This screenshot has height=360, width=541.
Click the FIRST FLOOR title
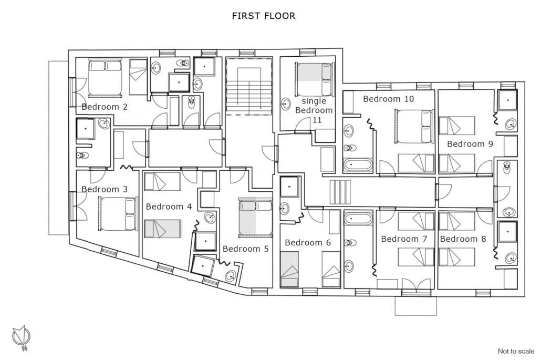[x=264, y=16]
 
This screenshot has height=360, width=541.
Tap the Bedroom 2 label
[x=105, y=107]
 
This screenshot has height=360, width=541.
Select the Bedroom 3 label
[x=105, y=189]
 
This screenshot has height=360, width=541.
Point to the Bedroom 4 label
[x=169, y=207]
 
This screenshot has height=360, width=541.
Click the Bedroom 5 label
[x=246, y=249]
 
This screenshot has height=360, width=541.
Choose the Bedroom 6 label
[x=308, y=243]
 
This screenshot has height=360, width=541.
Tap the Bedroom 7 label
[x=404, y=239]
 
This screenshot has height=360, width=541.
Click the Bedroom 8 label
[x=463, y=239]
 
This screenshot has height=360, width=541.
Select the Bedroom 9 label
[x=470, y=143]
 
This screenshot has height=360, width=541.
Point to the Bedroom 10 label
[x=389, y=99]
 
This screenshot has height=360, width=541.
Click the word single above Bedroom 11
[x=314, y=101]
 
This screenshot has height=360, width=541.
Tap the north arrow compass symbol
[x=22, y=337]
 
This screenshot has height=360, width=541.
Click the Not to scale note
[x=516, y=351]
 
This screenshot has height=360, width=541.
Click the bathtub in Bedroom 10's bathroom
[x=358, y=164]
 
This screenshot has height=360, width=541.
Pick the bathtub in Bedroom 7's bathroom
[x=358, y=219]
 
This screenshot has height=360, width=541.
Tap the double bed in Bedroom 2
[x=105, y=77]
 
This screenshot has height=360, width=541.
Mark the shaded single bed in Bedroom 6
[x=289, y=269]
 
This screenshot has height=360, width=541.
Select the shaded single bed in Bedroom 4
[x=162, y=229]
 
